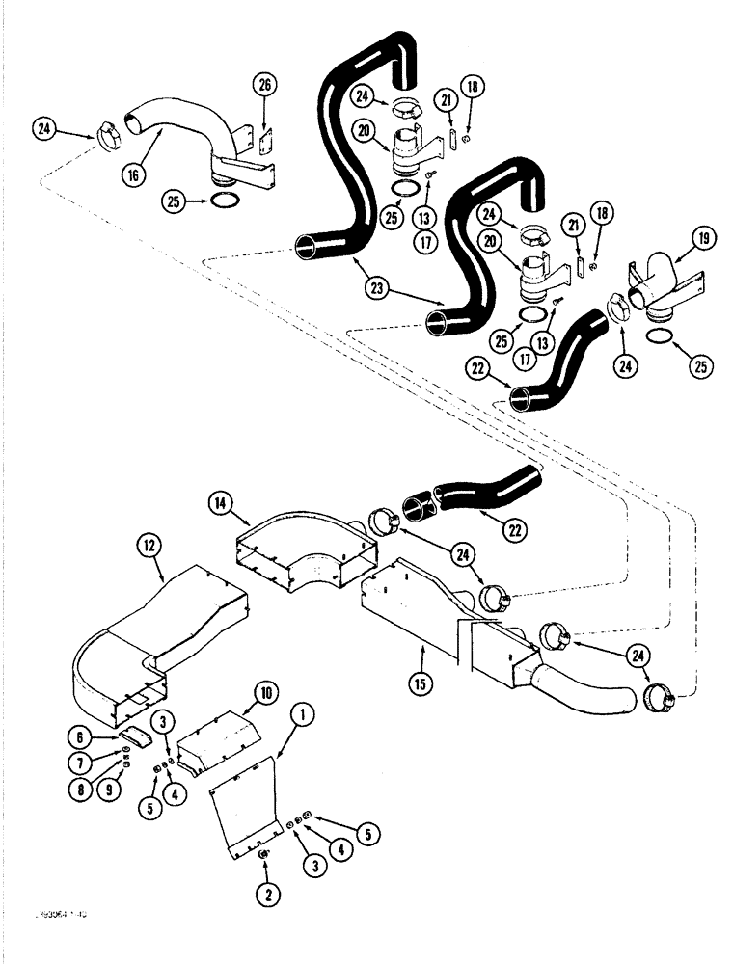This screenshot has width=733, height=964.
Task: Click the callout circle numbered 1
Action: tap(304, 714)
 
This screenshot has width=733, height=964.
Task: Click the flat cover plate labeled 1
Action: tap(241, 800)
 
